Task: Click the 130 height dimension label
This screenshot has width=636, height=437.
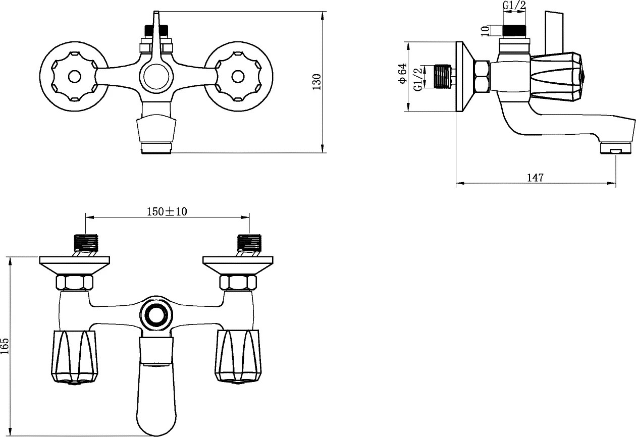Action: pyautogui.click(x=316, y=82)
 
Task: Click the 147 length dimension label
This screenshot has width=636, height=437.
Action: pyautogui.click(x=535, y=178)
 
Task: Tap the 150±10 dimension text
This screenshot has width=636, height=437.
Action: pyautogui.click(x=167, y=211)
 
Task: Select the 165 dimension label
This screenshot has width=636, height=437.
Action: pyautogui.click(x=6, y=346)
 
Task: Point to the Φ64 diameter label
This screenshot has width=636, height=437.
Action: pyautogui.click(x=402, y=73)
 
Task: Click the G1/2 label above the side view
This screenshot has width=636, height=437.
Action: pyautogui.click(x=514, y=5)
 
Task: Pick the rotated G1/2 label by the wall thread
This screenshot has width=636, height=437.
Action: pyautogui.click(x=417, y=79)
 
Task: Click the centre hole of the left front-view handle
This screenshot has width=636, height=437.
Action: pyautogui.click(x=74, y=76)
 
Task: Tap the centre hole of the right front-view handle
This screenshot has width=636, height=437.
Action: pyautogui.click(x=238, y=76)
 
